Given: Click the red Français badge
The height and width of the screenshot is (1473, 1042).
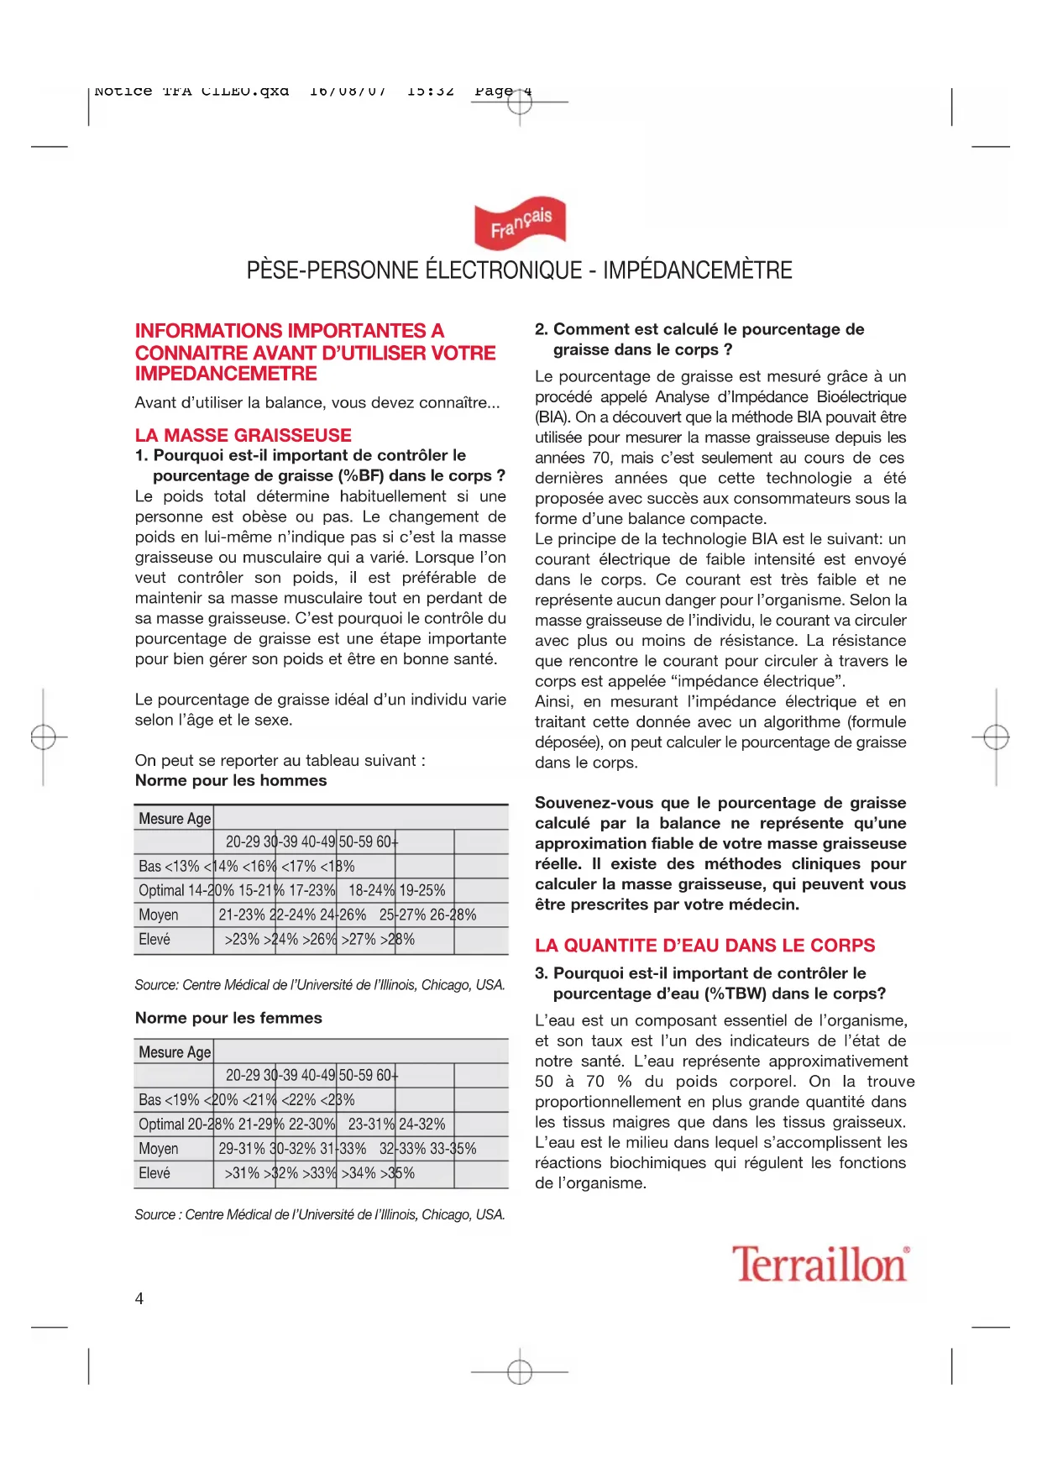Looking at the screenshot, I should point(521,223).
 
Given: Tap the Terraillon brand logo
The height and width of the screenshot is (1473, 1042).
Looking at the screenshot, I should point(820,1265).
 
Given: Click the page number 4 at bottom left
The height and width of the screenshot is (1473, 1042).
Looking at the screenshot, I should point(139,1298).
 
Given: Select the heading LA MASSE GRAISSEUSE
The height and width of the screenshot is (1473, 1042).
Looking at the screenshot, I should point(243,435).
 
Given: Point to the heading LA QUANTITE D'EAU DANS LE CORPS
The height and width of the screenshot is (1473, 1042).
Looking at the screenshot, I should point(704,946).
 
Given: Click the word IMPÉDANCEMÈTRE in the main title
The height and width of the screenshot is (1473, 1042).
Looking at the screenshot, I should point(698,270).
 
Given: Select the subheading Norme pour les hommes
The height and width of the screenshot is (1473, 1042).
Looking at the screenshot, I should point(231,780).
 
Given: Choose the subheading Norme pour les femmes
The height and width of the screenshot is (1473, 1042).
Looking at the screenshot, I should point(228,1018).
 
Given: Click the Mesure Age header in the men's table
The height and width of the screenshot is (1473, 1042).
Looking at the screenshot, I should point(175,819).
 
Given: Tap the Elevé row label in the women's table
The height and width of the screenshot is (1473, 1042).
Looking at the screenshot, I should point(154,1173).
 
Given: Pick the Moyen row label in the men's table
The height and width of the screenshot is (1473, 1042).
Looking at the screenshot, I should point(159,915).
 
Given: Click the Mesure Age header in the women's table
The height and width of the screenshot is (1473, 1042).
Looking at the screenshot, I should point(175,1052).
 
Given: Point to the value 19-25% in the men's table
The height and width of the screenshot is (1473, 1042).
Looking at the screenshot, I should point(422,890).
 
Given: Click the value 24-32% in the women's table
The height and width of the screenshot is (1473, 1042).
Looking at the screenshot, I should point(422,1124).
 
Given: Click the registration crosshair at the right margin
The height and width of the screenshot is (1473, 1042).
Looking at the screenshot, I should point(996,737).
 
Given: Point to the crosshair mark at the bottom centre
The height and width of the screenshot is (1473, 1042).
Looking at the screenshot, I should point(520,1372).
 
